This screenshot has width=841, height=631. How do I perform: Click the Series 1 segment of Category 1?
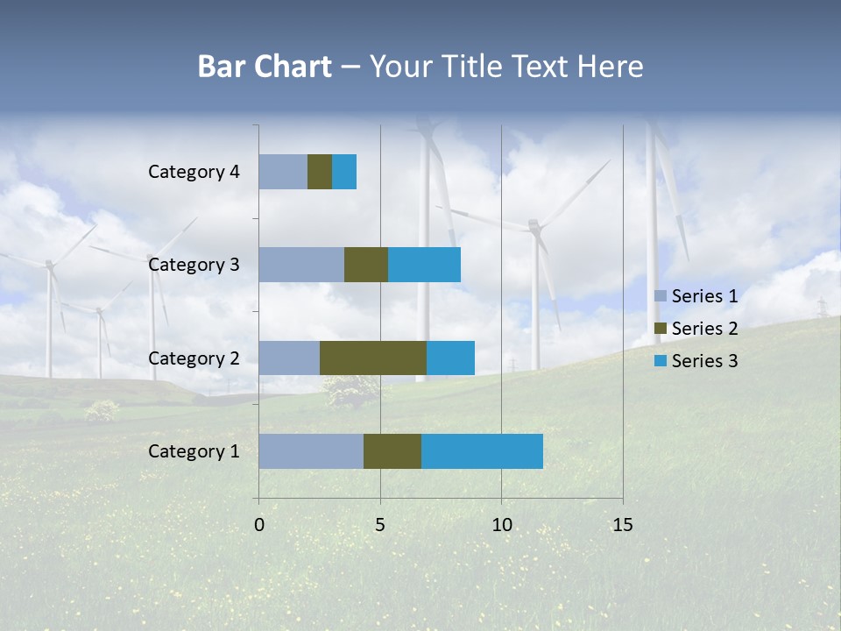click(x=311, y=451)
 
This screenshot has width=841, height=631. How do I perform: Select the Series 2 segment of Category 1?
click(x=392, y=451)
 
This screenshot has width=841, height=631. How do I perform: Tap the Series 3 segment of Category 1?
click(x=482, y=451)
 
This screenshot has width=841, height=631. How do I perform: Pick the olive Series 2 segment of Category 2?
click(x=373, y=358)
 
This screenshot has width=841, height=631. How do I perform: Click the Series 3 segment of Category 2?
click(x=450, y=358)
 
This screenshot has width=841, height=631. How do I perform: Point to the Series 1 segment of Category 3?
click(x=301, y=265)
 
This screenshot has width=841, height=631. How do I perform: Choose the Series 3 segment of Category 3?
click(x=424, y=265)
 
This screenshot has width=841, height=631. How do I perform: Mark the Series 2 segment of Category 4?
click(x=320, y=172)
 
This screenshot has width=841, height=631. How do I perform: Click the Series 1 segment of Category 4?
click(x=283, y=172)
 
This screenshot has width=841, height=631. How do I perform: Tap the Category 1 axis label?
click(x=194, y=451)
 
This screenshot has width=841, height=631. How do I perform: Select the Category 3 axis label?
click(x=194, y=265)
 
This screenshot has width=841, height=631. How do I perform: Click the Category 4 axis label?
click(x=194, y=172)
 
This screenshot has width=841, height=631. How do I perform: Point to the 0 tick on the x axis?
click(x=259, y=525)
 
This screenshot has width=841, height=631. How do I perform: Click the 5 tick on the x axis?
click(x=380, y=525)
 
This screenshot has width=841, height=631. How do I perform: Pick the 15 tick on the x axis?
click(x=622, y=525)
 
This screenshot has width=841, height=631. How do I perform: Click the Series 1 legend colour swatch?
click(x=660, y=295)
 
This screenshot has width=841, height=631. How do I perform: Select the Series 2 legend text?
click(x=704, y=329)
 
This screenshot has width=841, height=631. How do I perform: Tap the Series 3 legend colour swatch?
click(x=660, y=360)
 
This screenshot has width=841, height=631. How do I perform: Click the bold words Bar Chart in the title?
click(x=265, y=67)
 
